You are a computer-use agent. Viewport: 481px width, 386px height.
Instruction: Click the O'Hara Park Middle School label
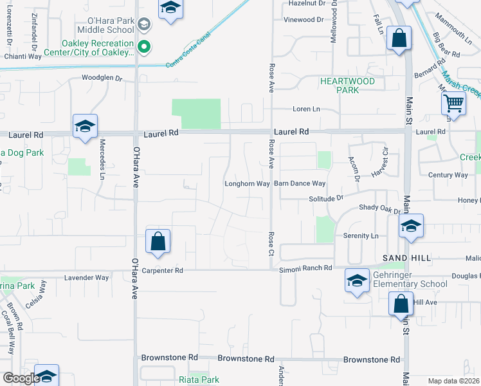[x=107, y=25]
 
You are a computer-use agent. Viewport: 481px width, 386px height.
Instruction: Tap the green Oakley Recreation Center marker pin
[x=145, y=46]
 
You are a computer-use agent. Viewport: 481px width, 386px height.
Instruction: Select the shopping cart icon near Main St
[x=454, y=103]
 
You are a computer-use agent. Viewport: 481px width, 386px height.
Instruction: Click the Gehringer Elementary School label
[x=409, y=284]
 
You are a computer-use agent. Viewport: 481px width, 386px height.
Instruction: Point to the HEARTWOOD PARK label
[x=348, y=86]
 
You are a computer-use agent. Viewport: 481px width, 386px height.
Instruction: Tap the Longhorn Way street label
[x=246, y=184]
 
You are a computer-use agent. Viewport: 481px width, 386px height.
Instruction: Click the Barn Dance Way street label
[x=300, y=184]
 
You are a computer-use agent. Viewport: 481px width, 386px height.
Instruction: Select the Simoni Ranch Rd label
[x=305, y=268]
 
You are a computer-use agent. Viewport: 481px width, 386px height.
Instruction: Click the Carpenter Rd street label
[x=163, y=271]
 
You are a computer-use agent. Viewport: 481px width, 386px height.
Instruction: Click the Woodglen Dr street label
[x=102, y=78]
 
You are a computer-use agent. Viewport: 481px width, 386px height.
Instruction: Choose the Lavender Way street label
[x=87, y=278]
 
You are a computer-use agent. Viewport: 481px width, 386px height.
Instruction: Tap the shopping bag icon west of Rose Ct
[x=158, y=242]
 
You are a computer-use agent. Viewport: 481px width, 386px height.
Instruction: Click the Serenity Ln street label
[x=360, y=236]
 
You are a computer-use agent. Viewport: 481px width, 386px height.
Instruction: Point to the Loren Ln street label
[x=306, y=109]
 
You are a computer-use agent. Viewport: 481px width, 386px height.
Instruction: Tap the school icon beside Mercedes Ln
[x=85, y=127]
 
